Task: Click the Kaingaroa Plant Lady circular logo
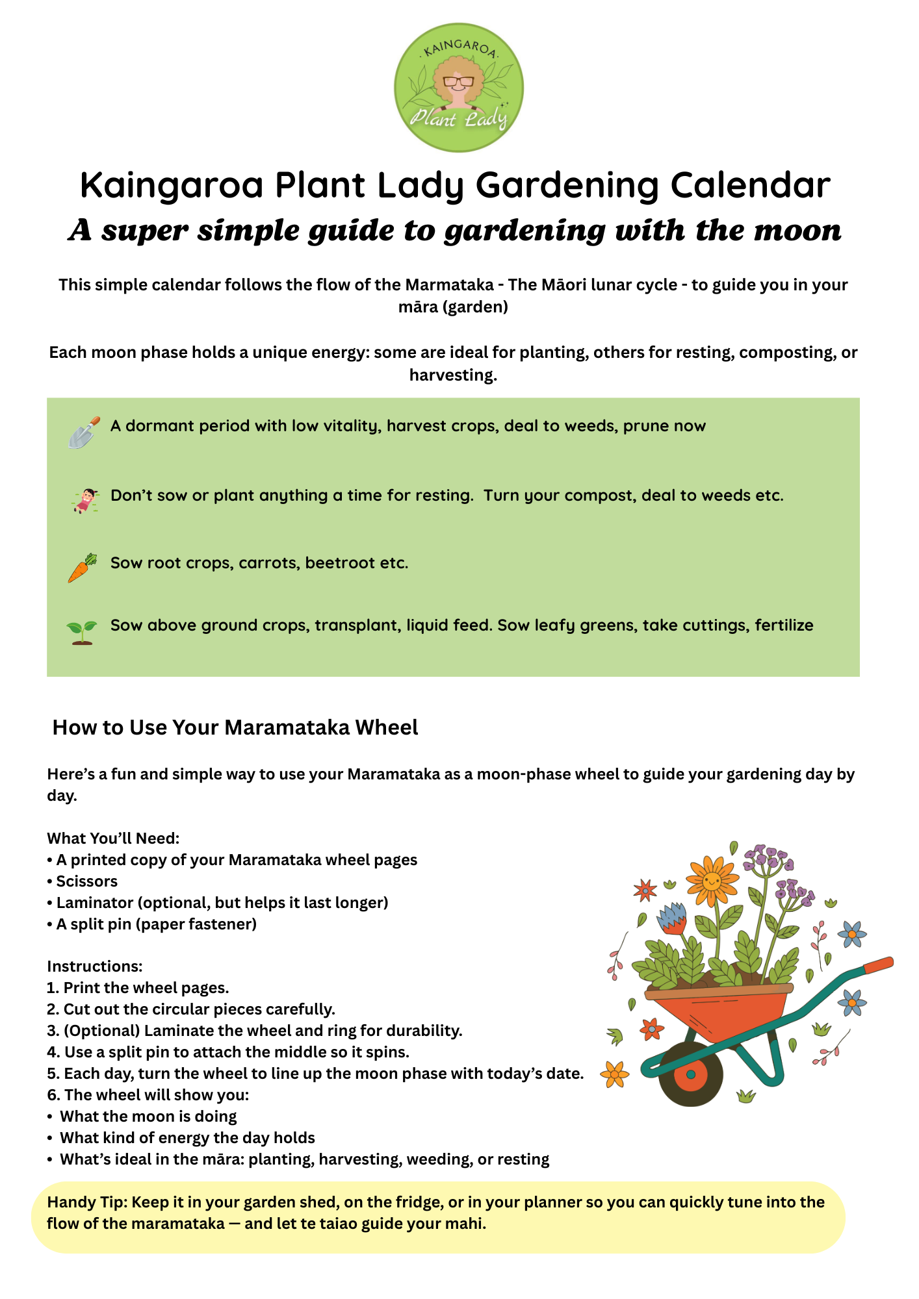point(458,88)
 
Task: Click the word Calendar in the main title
point(750,185)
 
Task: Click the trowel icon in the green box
point(84,433)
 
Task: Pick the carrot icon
point(82,568)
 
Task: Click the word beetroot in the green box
point(339,562)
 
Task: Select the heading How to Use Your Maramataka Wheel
point(235,727)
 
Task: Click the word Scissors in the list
point(86,881)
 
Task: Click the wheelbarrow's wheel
point(690,1074)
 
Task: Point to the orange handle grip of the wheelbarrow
point(879,964)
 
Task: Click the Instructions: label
point(94,966)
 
